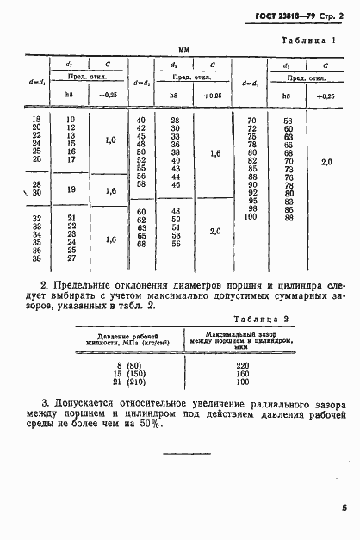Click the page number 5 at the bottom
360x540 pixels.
[343, 508]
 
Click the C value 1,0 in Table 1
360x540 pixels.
[109, 140]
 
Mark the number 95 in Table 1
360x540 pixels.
[251, 202]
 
